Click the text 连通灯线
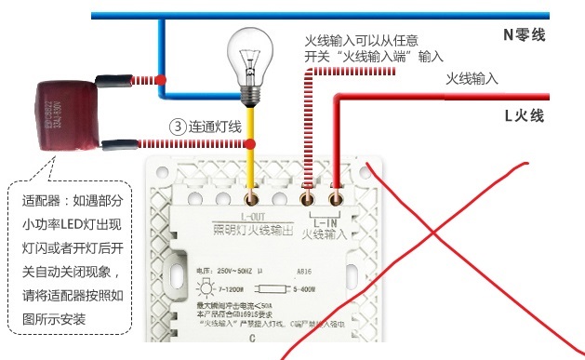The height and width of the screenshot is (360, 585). (215, 126)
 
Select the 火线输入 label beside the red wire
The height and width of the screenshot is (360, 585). (472, 79)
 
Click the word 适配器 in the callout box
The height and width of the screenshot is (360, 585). (42, 200)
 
